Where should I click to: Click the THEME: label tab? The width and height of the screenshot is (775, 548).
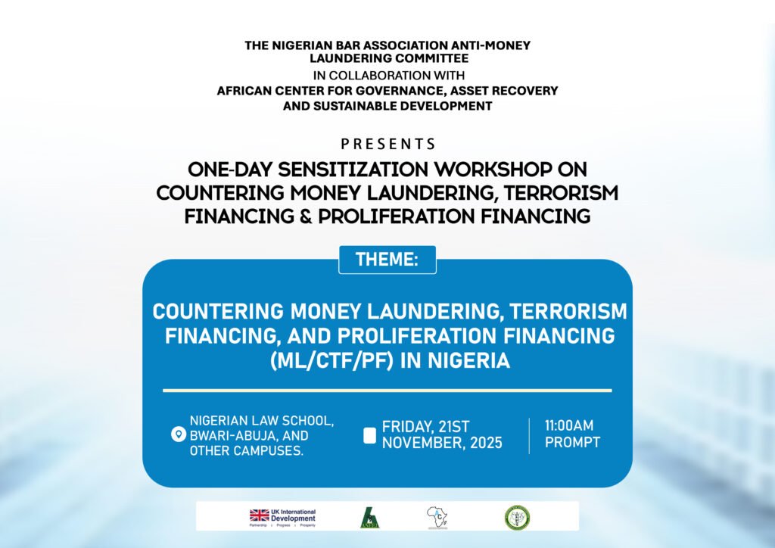coord(387,260)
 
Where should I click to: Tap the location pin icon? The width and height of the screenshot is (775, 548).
coord(179,434)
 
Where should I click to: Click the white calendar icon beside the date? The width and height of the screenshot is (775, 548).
coord(369,435)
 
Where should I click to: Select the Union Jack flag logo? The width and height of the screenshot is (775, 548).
coord(260,516)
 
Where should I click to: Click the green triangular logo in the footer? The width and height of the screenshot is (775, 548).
coord(369,518)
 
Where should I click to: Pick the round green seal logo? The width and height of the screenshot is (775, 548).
coord(517,517)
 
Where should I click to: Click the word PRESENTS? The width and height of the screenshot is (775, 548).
coord(387,144)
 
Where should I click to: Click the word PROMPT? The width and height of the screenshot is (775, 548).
coord(572,442)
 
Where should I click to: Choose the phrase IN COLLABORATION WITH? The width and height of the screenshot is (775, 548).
coord(387,76)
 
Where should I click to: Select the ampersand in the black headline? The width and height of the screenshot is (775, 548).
coord(305,216)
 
